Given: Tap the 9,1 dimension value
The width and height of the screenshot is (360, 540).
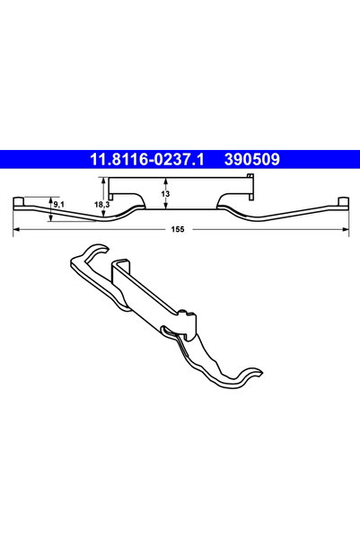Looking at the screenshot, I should point(59,206).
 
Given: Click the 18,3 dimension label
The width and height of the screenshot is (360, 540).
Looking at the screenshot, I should point(101,206).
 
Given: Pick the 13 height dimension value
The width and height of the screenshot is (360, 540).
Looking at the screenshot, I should point(166,193).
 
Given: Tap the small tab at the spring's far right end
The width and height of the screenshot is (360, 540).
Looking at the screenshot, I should point(341,199).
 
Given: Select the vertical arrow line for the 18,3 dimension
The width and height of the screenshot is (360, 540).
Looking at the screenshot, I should point(110,199).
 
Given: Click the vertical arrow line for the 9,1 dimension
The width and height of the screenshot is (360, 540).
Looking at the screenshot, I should point(51,206).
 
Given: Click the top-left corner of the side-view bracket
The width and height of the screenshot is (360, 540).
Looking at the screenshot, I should point(110,180).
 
